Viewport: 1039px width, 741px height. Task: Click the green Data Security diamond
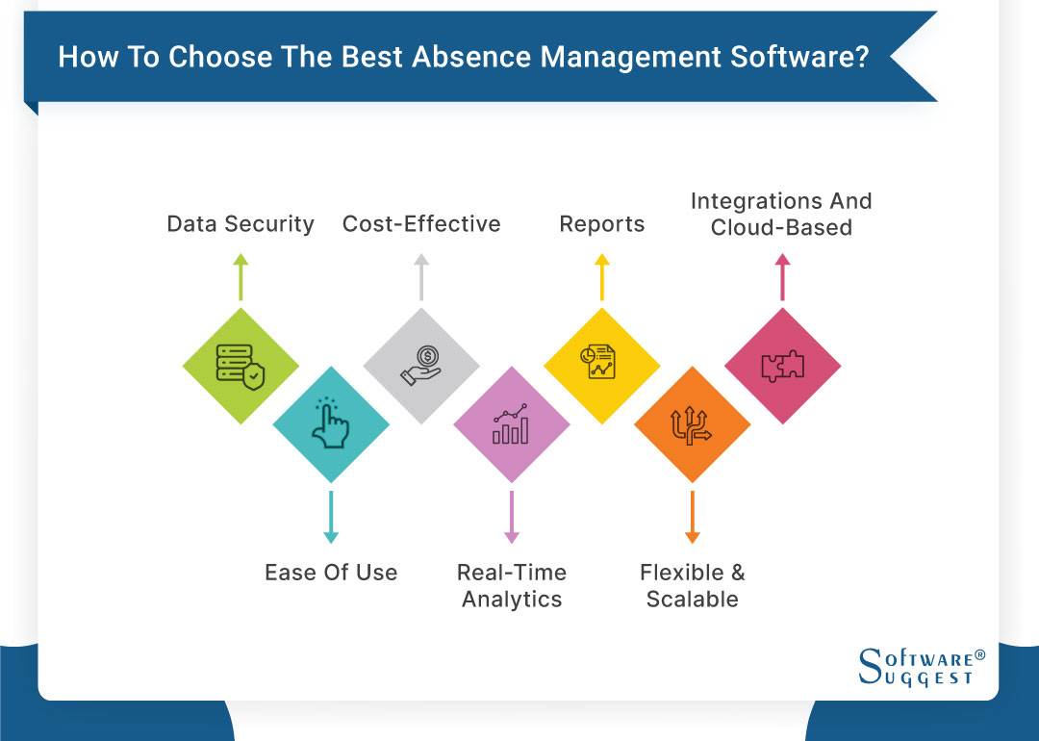(x=241, y=367)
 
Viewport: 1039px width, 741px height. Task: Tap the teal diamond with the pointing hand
(x=331, y=424)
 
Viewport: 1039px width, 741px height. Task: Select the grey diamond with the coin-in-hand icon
(x=421, y=367)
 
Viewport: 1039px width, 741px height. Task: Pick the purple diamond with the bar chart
(x=511, y=424)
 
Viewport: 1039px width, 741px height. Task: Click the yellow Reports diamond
(x=601, y=367)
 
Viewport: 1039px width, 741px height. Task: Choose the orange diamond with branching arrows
(x=692, y=424)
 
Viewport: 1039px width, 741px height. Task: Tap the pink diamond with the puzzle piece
(x=782, y=367)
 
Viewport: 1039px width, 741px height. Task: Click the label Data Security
(x=241, y=224)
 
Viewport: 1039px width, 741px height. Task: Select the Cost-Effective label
(x=421, y=224)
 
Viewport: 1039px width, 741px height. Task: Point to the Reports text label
(x=602, y=224)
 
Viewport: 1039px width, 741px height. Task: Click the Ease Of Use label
(x=331, y=573)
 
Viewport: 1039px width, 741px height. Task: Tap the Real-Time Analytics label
(x=511, y=585)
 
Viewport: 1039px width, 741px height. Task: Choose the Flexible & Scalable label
(x=692, y=585)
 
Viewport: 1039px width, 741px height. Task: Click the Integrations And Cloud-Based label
(x=781, y=214)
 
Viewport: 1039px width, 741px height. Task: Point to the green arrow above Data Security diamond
(x=241, y=278)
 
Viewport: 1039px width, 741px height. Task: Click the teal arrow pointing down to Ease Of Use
(x=331, y=517)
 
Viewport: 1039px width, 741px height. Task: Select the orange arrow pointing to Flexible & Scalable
(x=692, y=517)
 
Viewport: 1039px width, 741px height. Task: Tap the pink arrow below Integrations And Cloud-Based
(x=782, y=278)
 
